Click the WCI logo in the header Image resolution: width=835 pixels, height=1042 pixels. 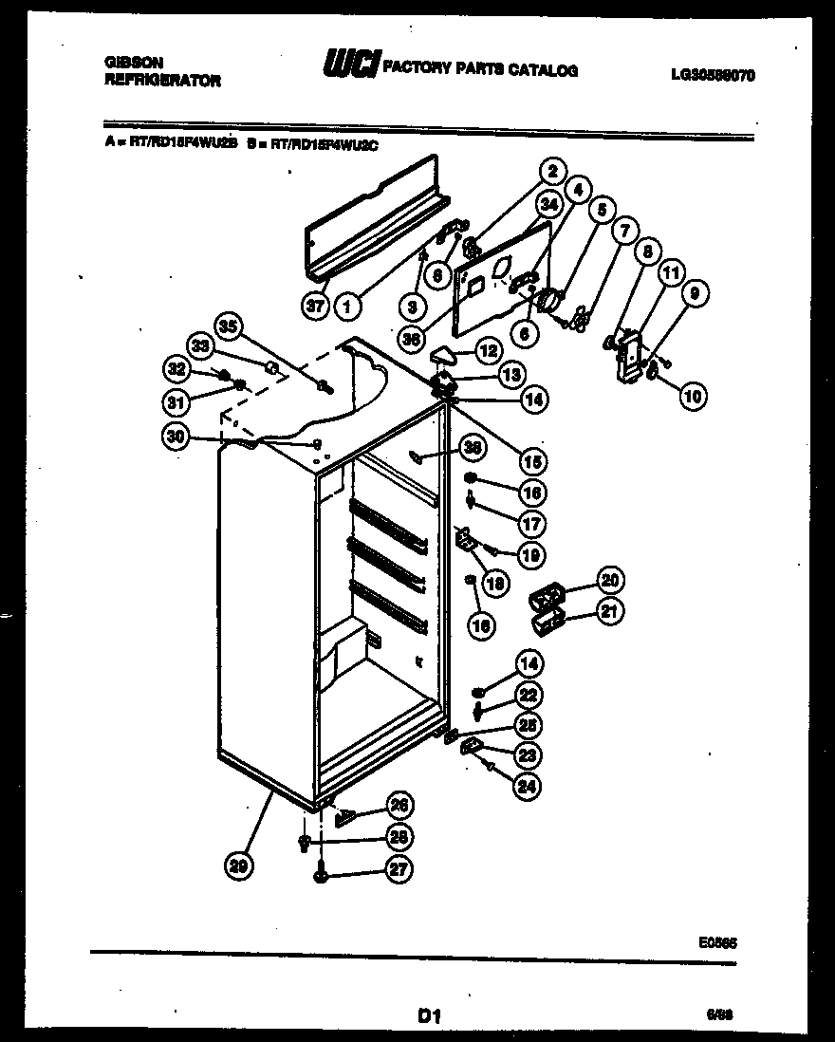point(352,65)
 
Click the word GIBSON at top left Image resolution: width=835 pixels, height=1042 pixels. point(128,62)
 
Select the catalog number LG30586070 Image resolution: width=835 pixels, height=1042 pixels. point(712,75)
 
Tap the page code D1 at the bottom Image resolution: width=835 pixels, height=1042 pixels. point(430,1016)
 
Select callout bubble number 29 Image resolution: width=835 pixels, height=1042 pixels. point(241,864)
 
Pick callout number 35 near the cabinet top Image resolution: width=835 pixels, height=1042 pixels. point(227,326)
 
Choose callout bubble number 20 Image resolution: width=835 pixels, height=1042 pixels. point(610,580)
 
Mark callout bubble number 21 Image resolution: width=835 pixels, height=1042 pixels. point(610,613)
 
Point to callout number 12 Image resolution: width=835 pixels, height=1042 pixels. point(488,351)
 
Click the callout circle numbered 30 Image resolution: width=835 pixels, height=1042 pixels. point(176,437)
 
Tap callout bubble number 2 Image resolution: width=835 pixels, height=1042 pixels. point(548,173)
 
